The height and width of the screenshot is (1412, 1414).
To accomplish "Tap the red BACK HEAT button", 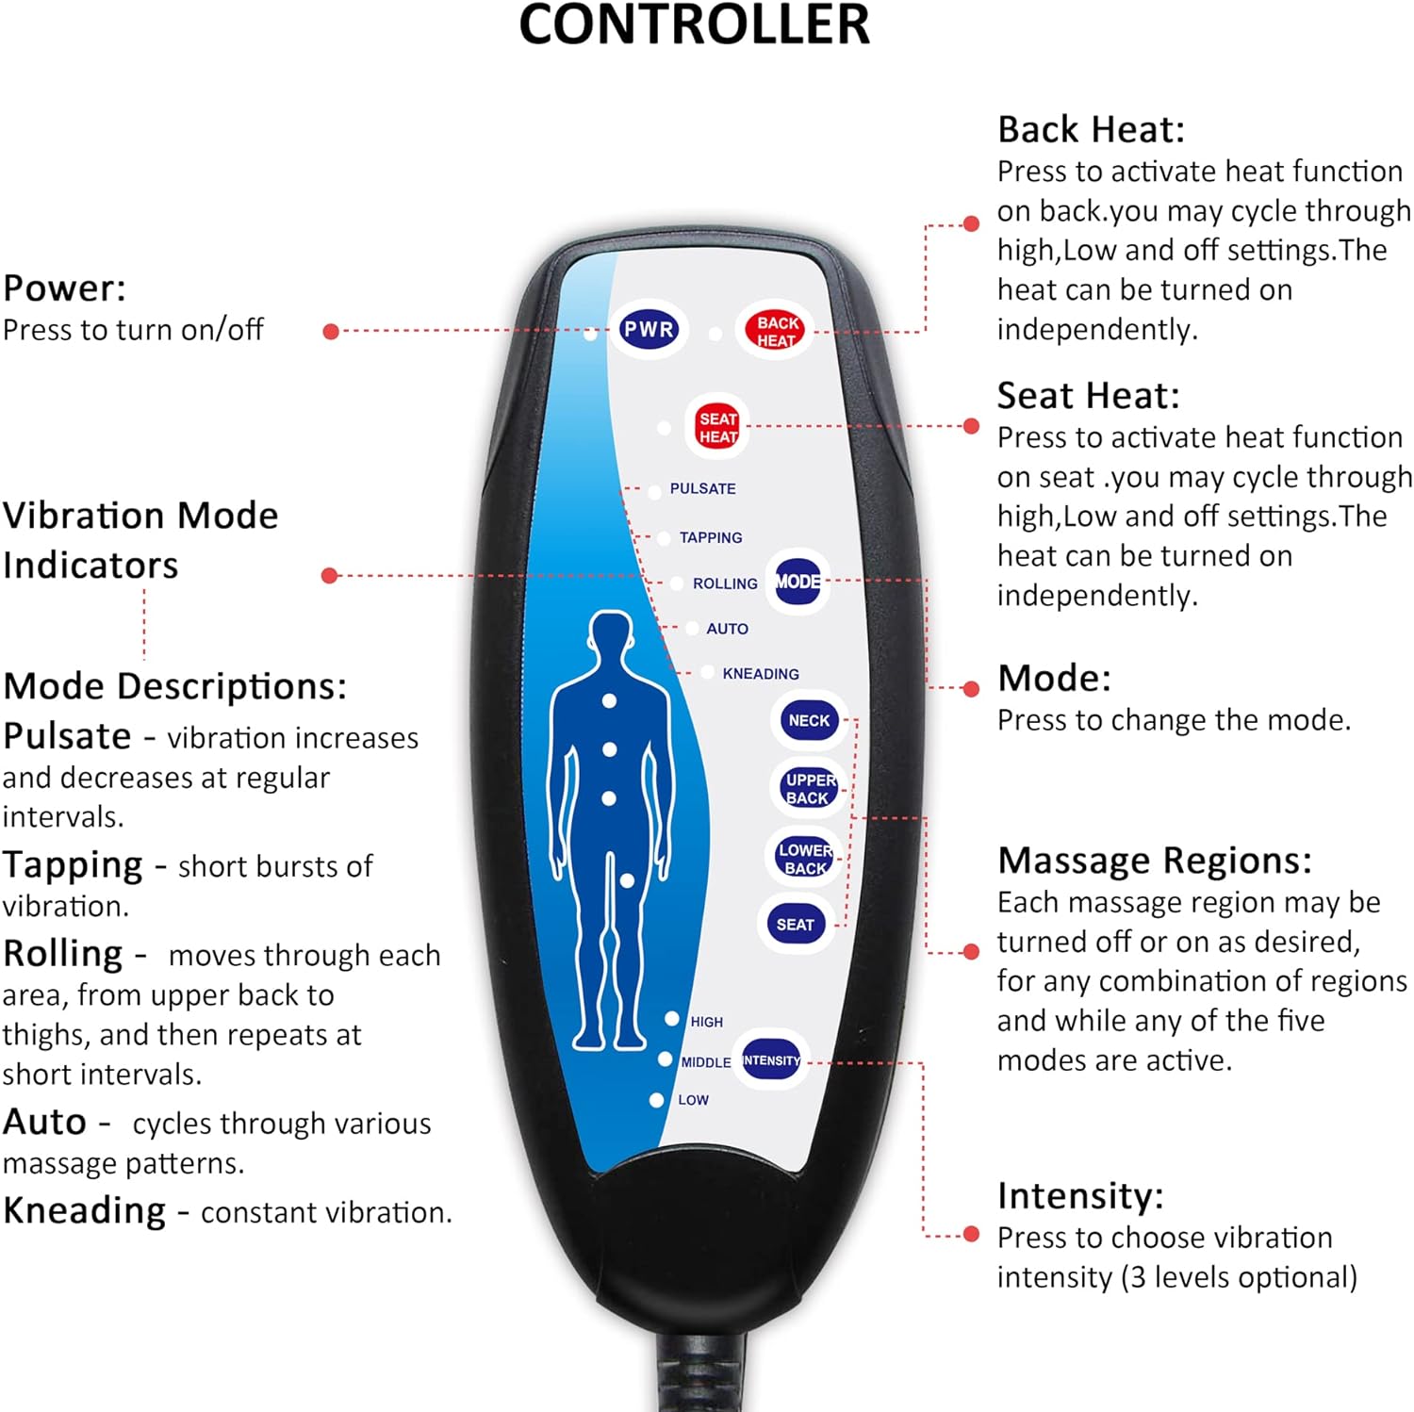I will point(776,331).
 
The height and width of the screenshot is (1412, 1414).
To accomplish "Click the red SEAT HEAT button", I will point(717,427).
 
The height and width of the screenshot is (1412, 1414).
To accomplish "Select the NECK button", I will point(809,720).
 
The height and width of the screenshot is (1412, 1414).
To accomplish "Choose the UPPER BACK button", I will point(809,788).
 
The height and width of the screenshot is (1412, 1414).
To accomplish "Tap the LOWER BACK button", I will point(804,859).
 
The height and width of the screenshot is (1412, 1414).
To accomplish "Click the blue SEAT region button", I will point(795,925).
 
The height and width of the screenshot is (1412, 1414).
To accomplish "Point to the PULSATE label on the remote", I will point(702,488).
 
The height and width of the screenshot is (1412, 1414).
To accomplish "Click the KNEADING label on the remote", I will point(760,674).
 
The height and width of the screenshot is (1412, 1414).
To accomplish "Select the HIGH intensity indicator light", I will point(672,1019).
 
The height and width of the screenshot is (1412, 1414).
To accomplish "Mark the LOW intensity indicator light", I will point(657,1100).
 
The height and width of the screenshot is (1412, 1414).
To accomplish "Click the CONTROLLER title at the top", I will point(695,25).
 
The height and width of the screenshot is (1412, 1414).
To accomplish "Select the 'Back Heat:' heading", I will point(1091,129).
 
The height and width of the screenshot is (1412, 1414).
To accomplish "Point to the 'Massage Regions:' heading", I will point(1154,861).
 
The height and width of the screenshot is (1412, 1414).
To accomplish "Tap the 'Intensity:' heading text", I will point(1080,1195).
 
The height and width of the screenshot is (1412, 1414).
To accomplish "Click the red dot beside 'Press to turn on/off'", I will point(331,331).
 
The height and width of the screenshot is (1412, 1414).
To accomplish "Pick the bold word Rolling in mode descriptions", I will point(63,953).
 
